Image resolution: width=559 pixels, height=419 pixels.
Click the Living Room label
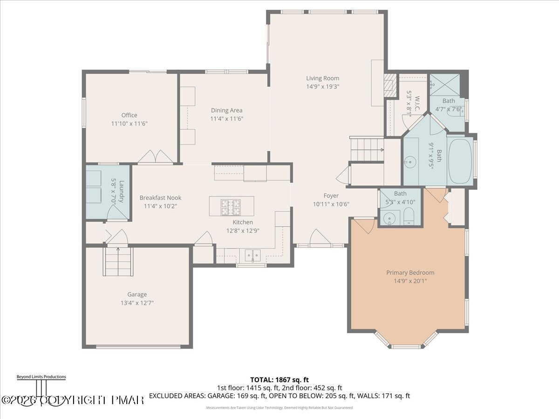point(322,78)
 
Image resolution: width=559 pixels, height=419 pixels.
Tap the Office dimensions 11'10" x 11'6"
point(130,124)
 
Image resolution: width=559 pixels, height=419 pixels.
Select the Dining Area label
point(226,110)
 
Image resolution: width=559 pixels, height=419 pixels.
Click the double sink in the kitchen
point(252,255)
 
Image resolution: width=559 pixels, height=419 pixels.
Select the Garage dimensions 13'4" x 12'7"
point(137,303)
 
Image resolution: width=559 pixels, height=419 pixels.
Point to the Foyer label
point(331,196)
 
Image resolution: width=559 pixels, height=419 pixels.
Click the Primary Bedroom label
point(410,272)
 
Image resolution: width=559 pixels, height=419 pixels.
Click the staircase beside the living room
point(367,149)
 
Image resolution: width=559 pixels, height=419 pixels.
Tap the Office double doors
point(155,157)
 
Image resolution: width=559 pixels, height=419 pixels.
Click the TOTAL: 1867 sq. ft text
point(279,379)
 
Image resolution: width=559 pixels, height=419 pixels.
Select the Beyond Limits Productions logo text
point(41,377)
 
